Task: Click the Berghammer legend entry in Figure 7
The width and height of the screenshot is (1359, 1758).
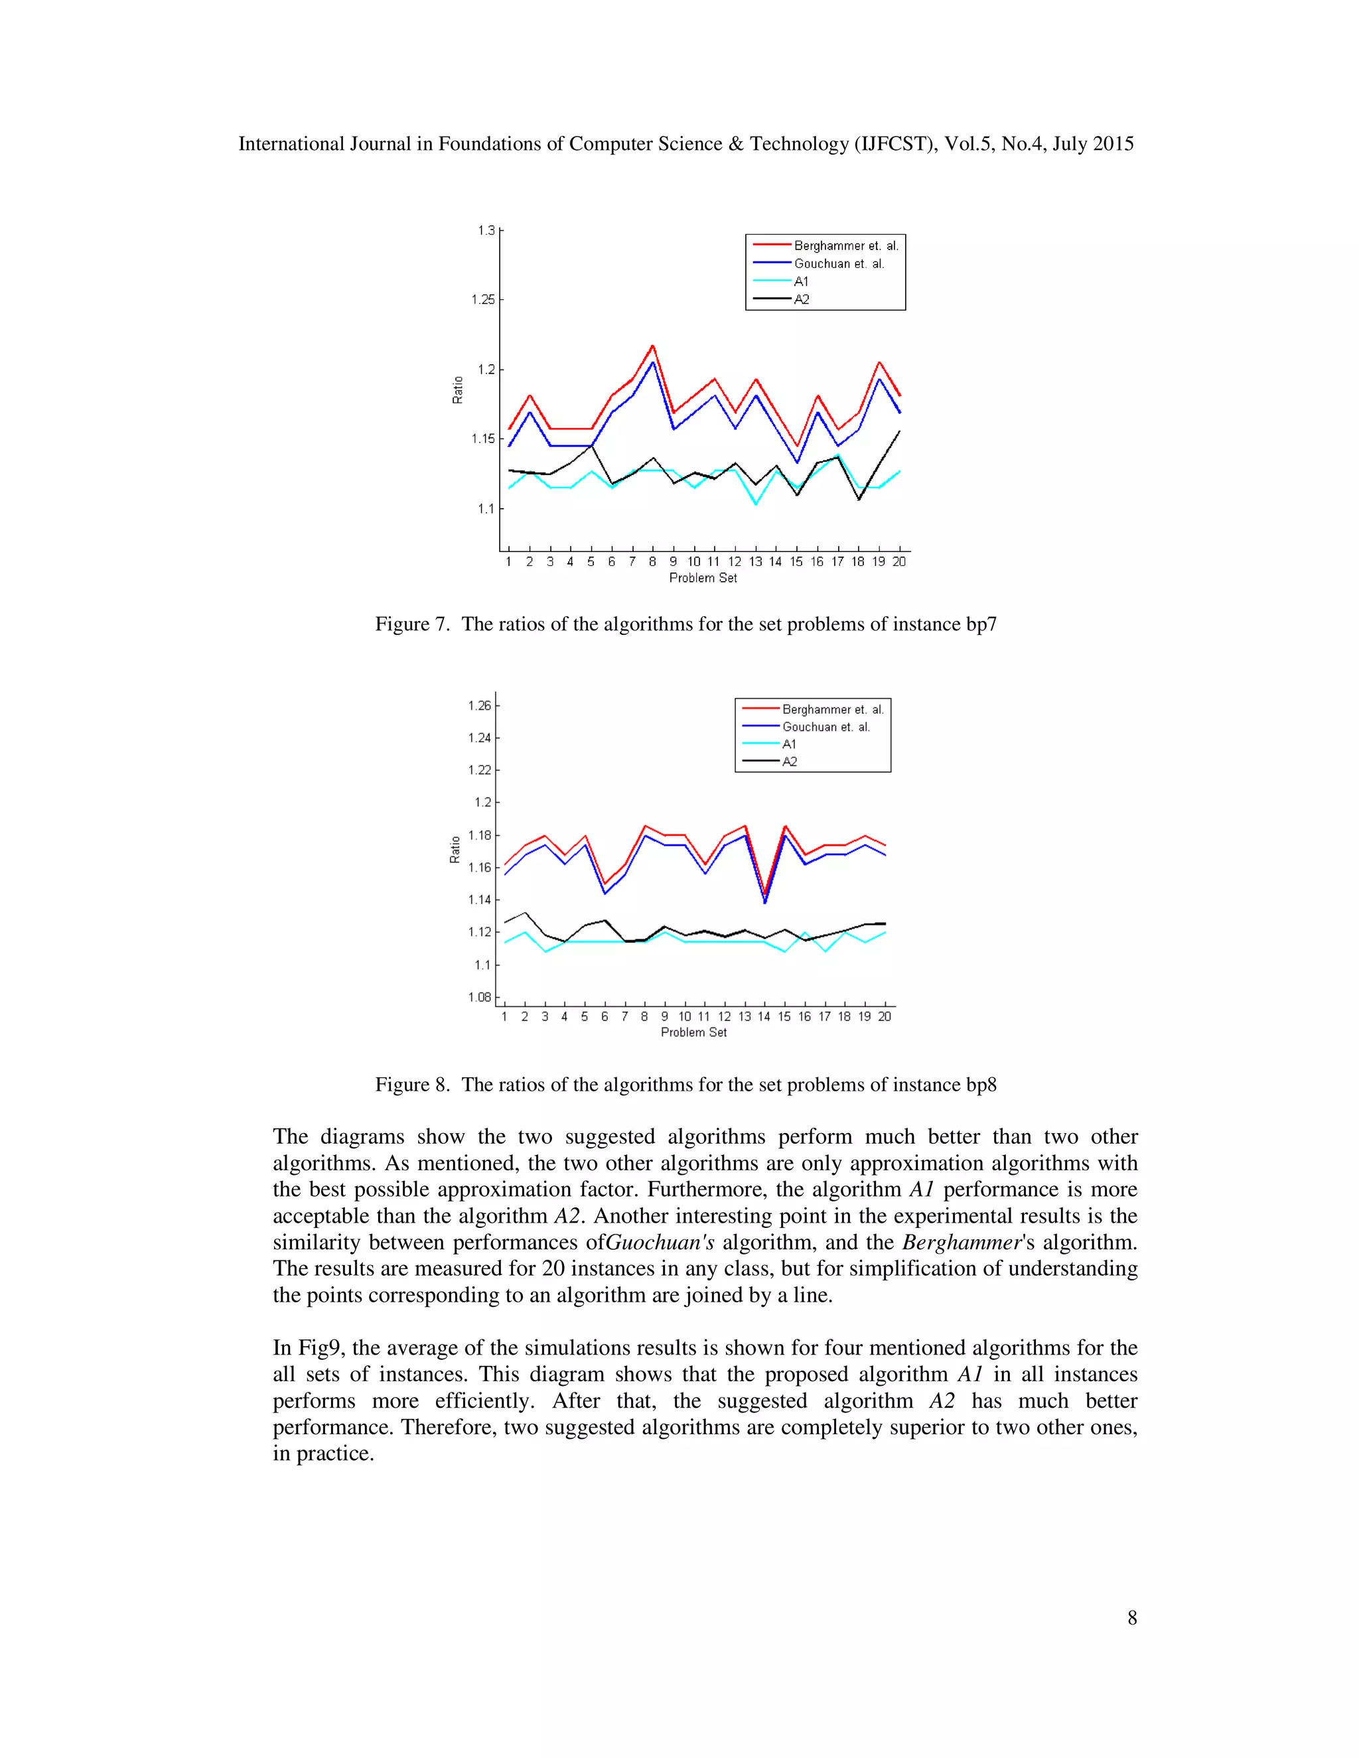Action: click(x=845, y=245)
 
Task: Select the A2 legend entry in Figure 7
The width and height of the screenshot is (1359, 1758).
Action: click(x=801, y=299)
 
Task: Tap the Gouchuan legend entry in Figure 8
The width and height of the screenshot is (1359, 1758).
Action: click(x=825, y=727)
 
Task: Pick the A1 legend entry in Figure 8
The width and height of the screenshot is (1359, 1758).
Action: click(x=789, y=744)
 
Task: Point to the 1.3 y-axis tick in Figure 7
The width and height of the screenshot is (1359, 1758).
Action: click(x=486, y=231)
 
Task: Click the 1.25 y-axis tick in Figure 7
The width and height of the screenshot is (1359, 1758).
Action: click(x=483, y=299)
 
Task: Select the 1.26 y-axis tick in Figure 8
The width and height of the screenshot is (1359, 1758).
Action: click(x=480, y=706)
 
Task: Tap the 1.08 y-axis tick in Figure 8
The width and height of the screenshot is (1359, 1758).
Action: click(x=480, y=997)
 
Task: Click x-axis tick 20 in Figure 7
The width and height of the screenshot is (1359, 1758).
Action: click(x=899, y=562)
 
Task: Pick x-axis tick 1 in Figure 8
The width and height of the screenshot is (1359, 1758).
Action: click(x=505, y=1016)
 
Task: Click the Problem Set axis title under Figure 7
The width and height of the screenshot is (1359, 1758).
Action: click(x=703, y=578)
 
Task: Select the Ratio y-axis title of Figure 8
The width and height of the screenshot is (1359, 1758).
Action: click(x=455, y=849)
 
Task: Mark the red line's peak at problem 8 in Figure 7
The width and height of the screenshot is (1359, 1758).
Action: click(x=653, y=346)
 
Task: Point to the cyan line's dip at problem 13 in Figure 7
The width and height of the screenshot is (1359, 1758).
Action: click(x=756, y=504)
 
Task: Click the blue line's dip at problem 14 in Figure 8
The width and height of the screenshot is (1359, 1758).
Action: click(x=765, y=902)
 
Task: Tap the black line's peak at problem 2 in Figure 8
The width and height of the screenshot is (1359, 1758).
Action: click(x=525, y=913)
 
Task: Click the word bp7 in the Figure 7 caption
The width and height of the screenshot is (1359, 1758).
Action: click(x=981, y=625)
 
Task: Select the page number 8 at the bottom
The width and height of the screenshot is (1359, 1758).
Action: click(x=1132, y=1618)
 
